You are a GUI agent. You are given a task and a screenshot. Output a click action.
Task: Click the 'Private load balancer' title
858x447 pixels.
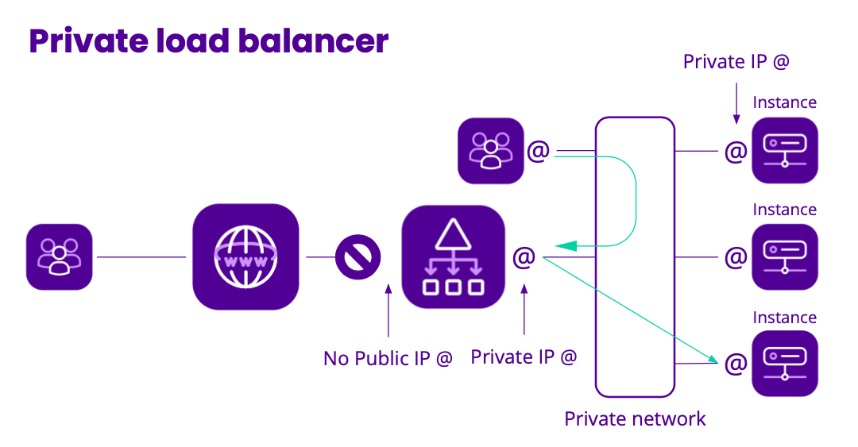click(209, 41)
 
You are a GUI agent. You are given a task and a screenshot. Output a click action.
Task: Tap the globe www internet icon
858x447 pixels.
click(245, 256)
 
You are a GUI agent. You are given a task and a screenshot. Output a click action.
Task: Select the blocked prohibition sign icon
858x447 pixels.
click(357, 256)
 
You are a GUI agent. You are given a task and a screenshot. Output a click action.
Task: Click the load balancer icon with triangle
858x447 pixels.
click(454, 256)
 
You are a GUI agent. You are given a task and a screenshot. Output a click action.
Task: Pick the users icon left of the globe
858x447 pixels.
click(60, 256)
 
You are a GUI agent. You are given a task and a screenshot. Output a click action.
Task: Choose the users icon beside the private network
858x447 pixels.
click(490, 151)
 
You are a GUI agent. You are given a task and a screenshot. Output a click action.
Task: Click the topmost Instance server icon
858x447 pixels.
click(784, 150)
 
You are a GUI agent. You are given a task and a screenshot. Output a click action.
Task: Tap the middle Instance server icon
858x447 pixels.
click(784, 256)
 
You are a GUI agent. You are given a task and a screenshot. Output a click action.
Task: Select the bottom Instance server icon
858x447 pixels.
click(784, 363)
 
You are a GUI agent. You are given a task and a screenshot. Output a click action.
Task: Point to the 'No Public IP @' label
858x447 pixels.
click(388, 359)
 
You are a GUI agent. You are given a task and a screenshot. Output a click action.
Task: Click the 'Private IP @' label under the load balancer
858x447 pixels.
click(524, 357)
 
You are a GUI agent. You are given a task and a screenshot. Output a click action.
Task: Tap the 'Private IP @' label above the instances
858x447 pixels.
click(736, 62)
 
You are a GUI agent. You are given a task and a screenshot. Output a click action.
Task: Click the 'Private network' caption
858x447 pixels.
click(635, 419)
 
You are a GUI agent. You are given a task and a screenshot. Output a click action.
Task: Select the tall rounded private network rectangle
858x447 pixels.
click(635, 256)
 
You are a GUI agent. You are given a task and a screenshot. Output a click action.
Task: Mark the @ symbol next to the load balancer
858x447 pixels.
click(524, 256)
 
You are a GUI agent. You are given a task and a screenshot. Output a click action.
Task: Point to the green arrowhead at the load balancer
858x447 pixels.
click(566, 246)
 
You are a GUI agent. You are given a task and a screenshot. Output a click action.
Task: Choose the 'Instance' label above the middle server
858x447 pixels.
click(784, 210)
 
